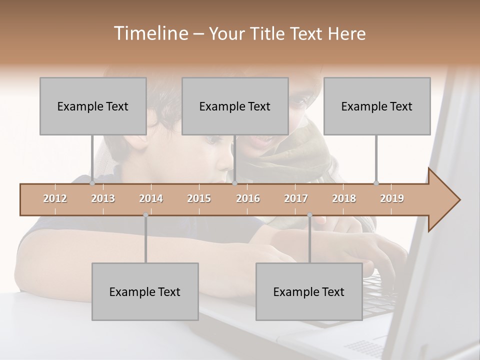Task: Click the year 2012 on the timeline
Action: click(x=55, y=198)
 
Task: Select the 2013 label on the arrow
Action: click(x=103, y=198)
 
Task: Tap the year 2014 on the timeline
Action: click(x=151, y=198)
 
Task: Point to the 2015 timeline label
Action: click(x=199, y=198)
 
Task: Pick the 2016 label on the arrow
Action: click(x=248, y=198)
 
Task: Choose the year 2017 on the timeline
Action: click(x=296, y=198)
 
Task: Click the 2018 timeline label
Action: click(x=344, y=198)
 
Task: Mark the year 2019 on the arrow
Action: click(x=392, y=198)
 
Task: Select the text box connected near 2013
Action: click(x=93, y=106)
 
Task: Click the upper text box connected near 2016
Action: click(x=235, y=106)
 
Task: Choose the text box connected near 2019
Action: click(x=377, y=106)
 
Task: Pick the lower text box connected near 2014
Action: click(x=145, y=291)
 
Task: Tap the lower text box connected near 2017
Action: click(x=309, y=291)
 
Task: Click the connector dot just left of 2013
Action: click(x=92, y=183)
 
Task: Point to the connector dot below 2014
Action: click(x=145, y=215)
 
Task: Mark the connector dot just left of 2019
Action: click(x=376, y=183)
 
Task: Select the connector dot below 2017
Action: click(x=309, y=215)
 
